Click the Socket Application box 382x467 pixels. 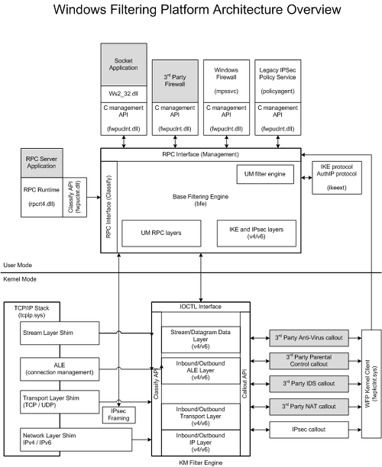click(x=124, y=64)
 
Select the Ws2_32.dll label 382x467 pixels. click(x=124, y=94)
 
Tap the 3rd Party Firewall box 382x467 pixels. click(x=175, y=81)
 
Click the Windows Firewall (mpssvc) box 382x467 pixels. click(x=226, y=81)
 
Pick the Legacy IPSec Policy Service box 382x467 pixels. click(x=277, y=81)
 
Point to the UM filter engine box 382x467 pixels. click(x=265, y=174)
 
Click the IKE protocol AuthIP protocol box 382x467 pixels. click(x=337, y=178)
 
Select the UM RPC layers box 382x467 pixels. click(x=161, y=233)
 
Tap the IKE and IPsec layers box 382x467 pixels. click(x=257, y=233)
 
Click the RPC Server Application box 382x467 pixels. click(x=42, y=163)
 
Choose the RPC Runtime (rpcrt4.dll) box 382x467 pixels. click(x=42, y=197)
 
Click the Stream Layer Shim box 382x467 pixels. click(x=60, y=333)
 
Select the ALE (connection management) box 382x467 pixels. click(x=60, y=369)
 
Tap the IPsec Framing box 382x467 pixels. click(x=118, y=415)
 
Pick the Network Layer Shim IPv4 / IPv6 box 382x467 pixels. click(x=76, y=440)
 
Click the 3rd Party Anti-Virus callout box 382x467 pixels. click(x=309, y=338)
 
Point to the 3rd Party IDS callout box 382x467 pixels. click(x=309, y=384)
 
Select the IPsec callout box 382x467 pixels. click(x=309, y=430)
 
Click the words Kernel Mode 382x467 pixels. click(x=20, y=279)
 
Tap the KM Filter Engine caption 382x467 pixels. click(x=201, y=463)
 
